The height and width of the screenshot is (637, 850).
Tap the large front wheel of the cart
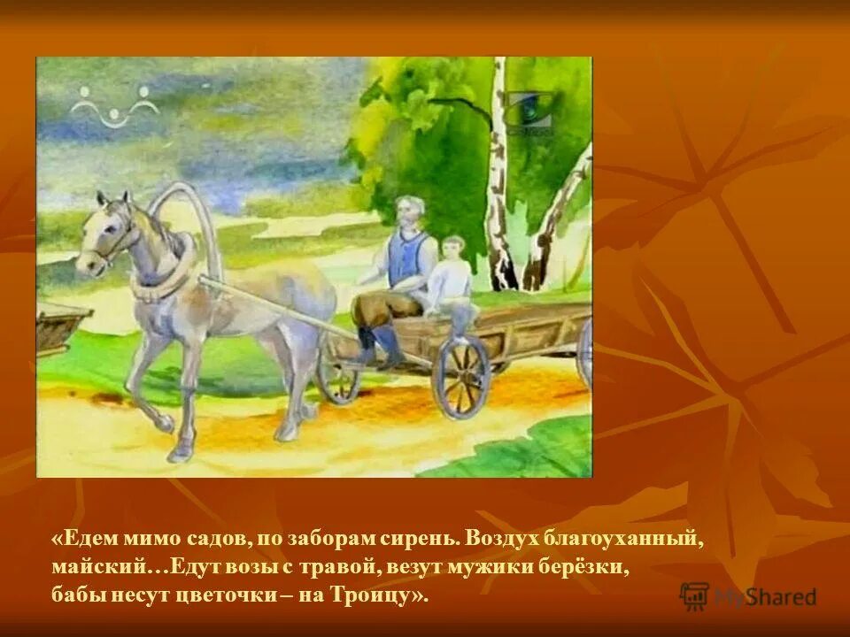461,376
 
